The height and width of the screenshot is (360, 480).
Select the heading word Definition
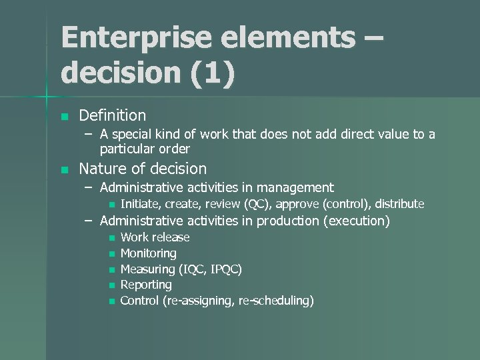(x=112, y=116)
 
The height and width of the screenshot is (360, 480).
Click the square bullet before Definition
(x=64, y=117)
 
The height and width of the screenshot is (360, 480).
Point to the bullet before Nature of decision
(x=64, y=169)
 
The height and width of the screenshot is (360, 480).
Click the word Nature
(x=101, y=169)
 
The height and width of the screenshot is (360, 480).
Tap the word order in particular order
(x=175, y=149)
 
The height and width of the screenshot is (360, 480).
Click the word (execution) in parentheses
(x=356, y=221)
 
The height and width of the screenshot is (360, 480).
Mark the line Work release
(x=155, y=237)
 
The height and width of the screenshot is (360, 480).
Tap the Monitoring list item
(x=148, y=253)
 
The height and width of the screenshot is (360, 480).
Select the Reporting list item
(x=146, y=285)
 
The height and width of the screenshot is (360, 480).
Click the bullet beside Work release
(x=111, y=238)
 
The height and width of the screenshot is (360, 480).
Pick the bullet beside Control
(x=111, y=301)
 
